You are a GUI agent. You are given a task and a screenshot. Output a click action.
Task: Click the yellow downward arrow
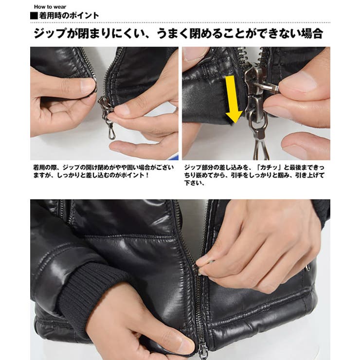pyautogui.click(x=234, y=99)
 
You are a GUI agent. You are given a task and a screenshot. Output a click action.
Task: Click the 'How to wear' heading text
pyautogui.click(x=50, y=7)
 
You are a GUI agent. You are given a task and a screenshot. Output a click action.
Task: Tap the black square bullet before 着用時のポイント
pyautogui.click(x=34, y=16)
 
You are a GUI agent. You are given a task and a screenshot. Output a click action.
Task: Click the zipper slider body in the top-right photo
pyautogui.click(x=256, y=96)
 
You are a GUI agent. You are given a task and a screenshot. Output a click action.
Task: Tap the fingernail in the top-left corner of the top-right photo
pyautogui.click(x=192, y=54)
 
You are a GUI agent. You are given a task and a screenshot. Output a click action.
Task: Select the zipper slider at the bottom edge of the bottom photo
pyautogui.click(x=203, y=351)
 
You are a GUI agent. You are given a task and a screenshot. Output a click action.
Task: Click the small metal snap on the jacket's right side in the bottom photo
pyautogui.click(x=308, y=267)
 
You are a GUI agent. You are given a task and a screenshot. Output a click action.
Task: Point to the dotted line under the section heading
pyautogui.click(x=180, y=22)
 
